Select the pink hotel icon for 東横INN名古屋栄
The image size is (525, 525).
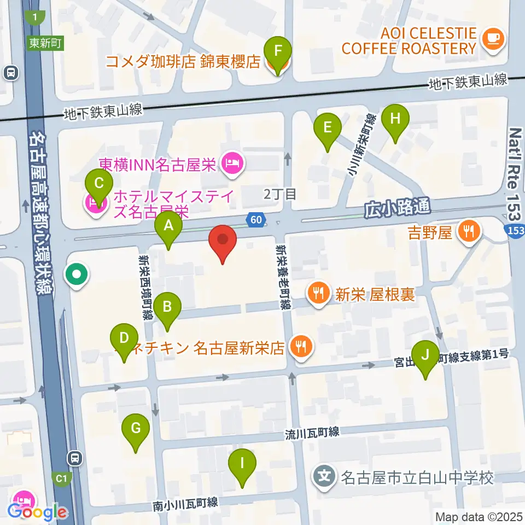pyautogui.click(x=232, y=162)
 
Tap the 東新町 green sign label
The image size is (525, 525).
pyautogui.click(x=45, y=43)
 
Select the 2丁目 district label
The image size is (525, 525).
pyautogui.click(x=280, y=194)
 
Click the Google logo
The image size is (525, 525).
pyautogui.click(x=38, y=512)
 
